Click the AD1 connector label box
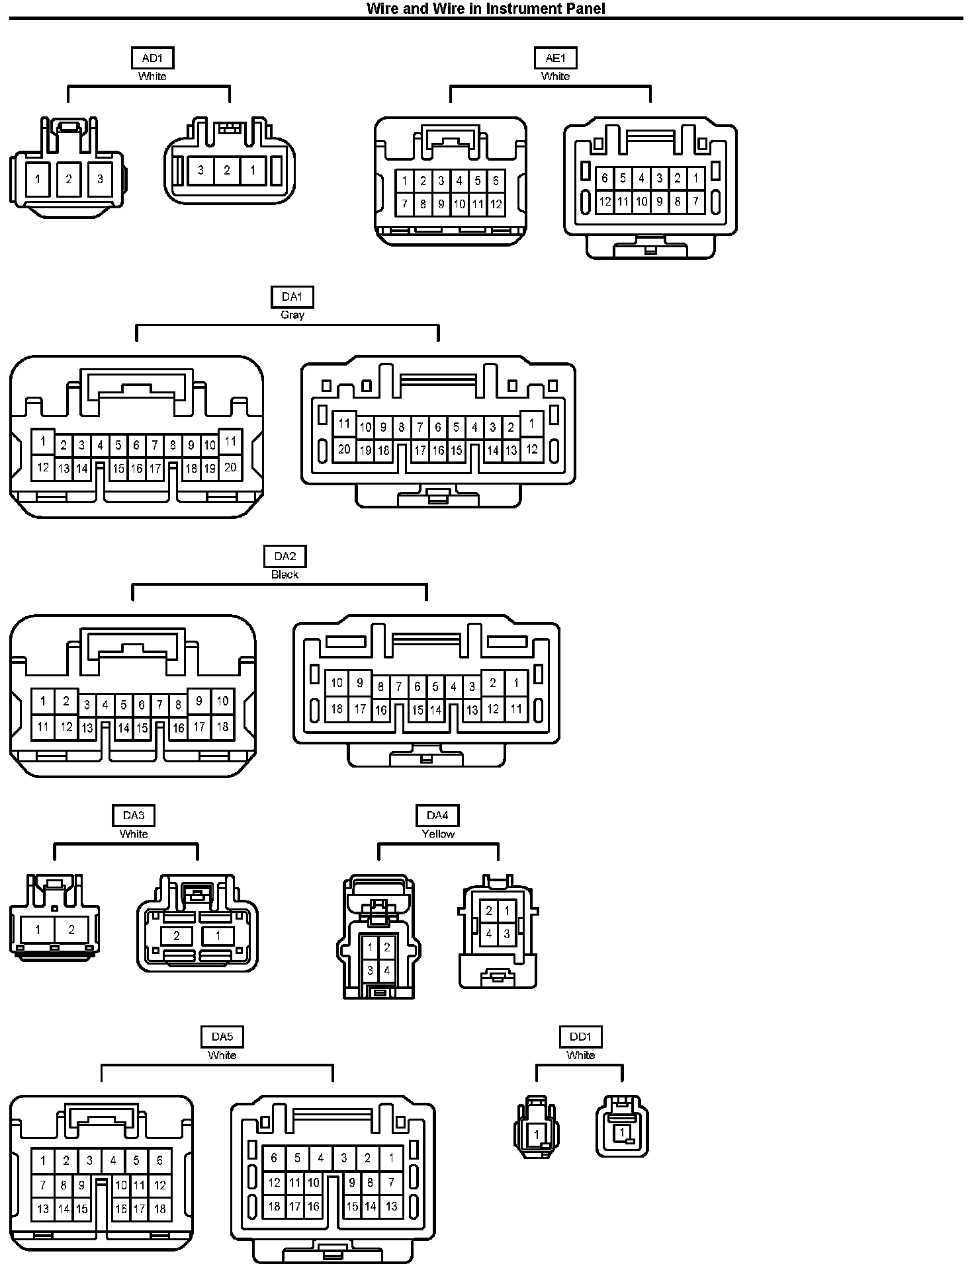click(x=152, y=58)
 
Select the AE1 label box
click(x=555, y=58)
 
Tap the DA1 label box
click(x=292, y=298)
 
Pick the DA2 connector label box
click(x=285, y=557)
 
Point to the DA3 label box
click(x=134, y=816)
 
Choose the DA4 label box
click(x=437, y=816)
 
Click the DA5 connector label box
click(x=222, y=1037)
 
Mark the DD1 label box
click(x=580, y=1037)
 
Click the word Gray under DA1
click(x=292, y=315)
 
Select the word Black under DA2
click(x=285, y=575)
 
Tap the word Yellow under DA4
click(x=438, y=834)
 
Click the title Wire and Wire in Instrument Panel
click(x=486, y=9)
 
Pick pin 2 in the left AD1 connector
click(x=69, y=179)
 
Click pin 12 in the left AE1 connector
click(x=496, y=204)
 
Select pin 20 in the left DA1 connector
click(x=230, y=467)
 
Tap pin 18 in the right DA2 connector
click(x=337, y=709)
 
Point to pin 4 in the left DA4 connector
click(x=387, y=971)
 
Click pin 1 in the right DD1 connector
click(x=622, y=1133)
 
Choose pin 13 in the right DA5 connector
click(x=391, y=1207)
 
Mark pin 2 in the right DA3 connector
click(x=177, y=935)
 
